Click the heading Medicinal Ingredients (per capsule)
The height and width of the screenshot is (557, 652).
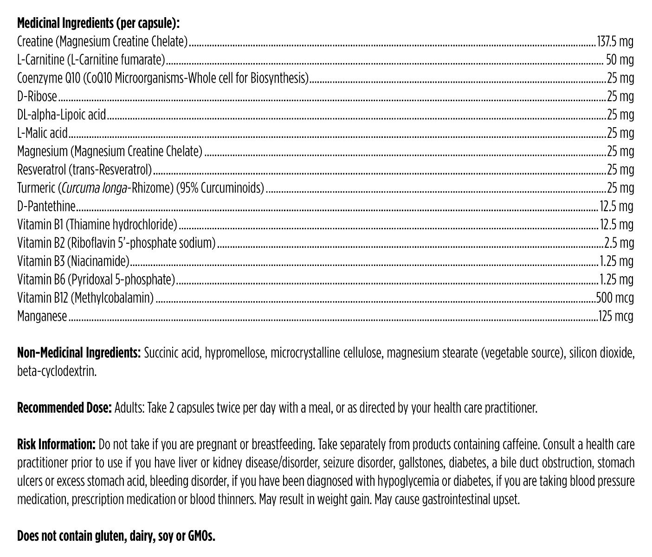[98, 23]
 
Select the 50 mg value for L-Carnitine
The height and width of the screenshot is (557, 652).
[620, 60]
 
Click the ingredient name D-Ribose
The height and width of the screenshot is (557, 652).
[37, 97]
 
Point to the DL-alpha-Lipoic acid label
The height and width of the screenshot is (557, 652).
[62, 115]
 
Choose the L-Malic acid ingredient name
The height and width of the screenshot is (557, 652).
[42, 133]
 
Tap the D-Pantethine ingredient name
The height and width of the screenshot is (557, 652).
[46, 206]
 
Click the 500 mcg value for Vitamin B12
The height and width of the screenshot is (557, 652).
[614, 298]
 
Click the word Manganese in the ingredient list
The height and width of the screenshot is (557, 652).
[42, 316]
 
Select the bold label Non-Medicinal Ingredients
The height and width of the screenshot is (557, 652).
[79, 353]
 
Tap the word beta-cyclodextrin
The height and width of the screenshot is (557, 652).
[57, 372]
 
